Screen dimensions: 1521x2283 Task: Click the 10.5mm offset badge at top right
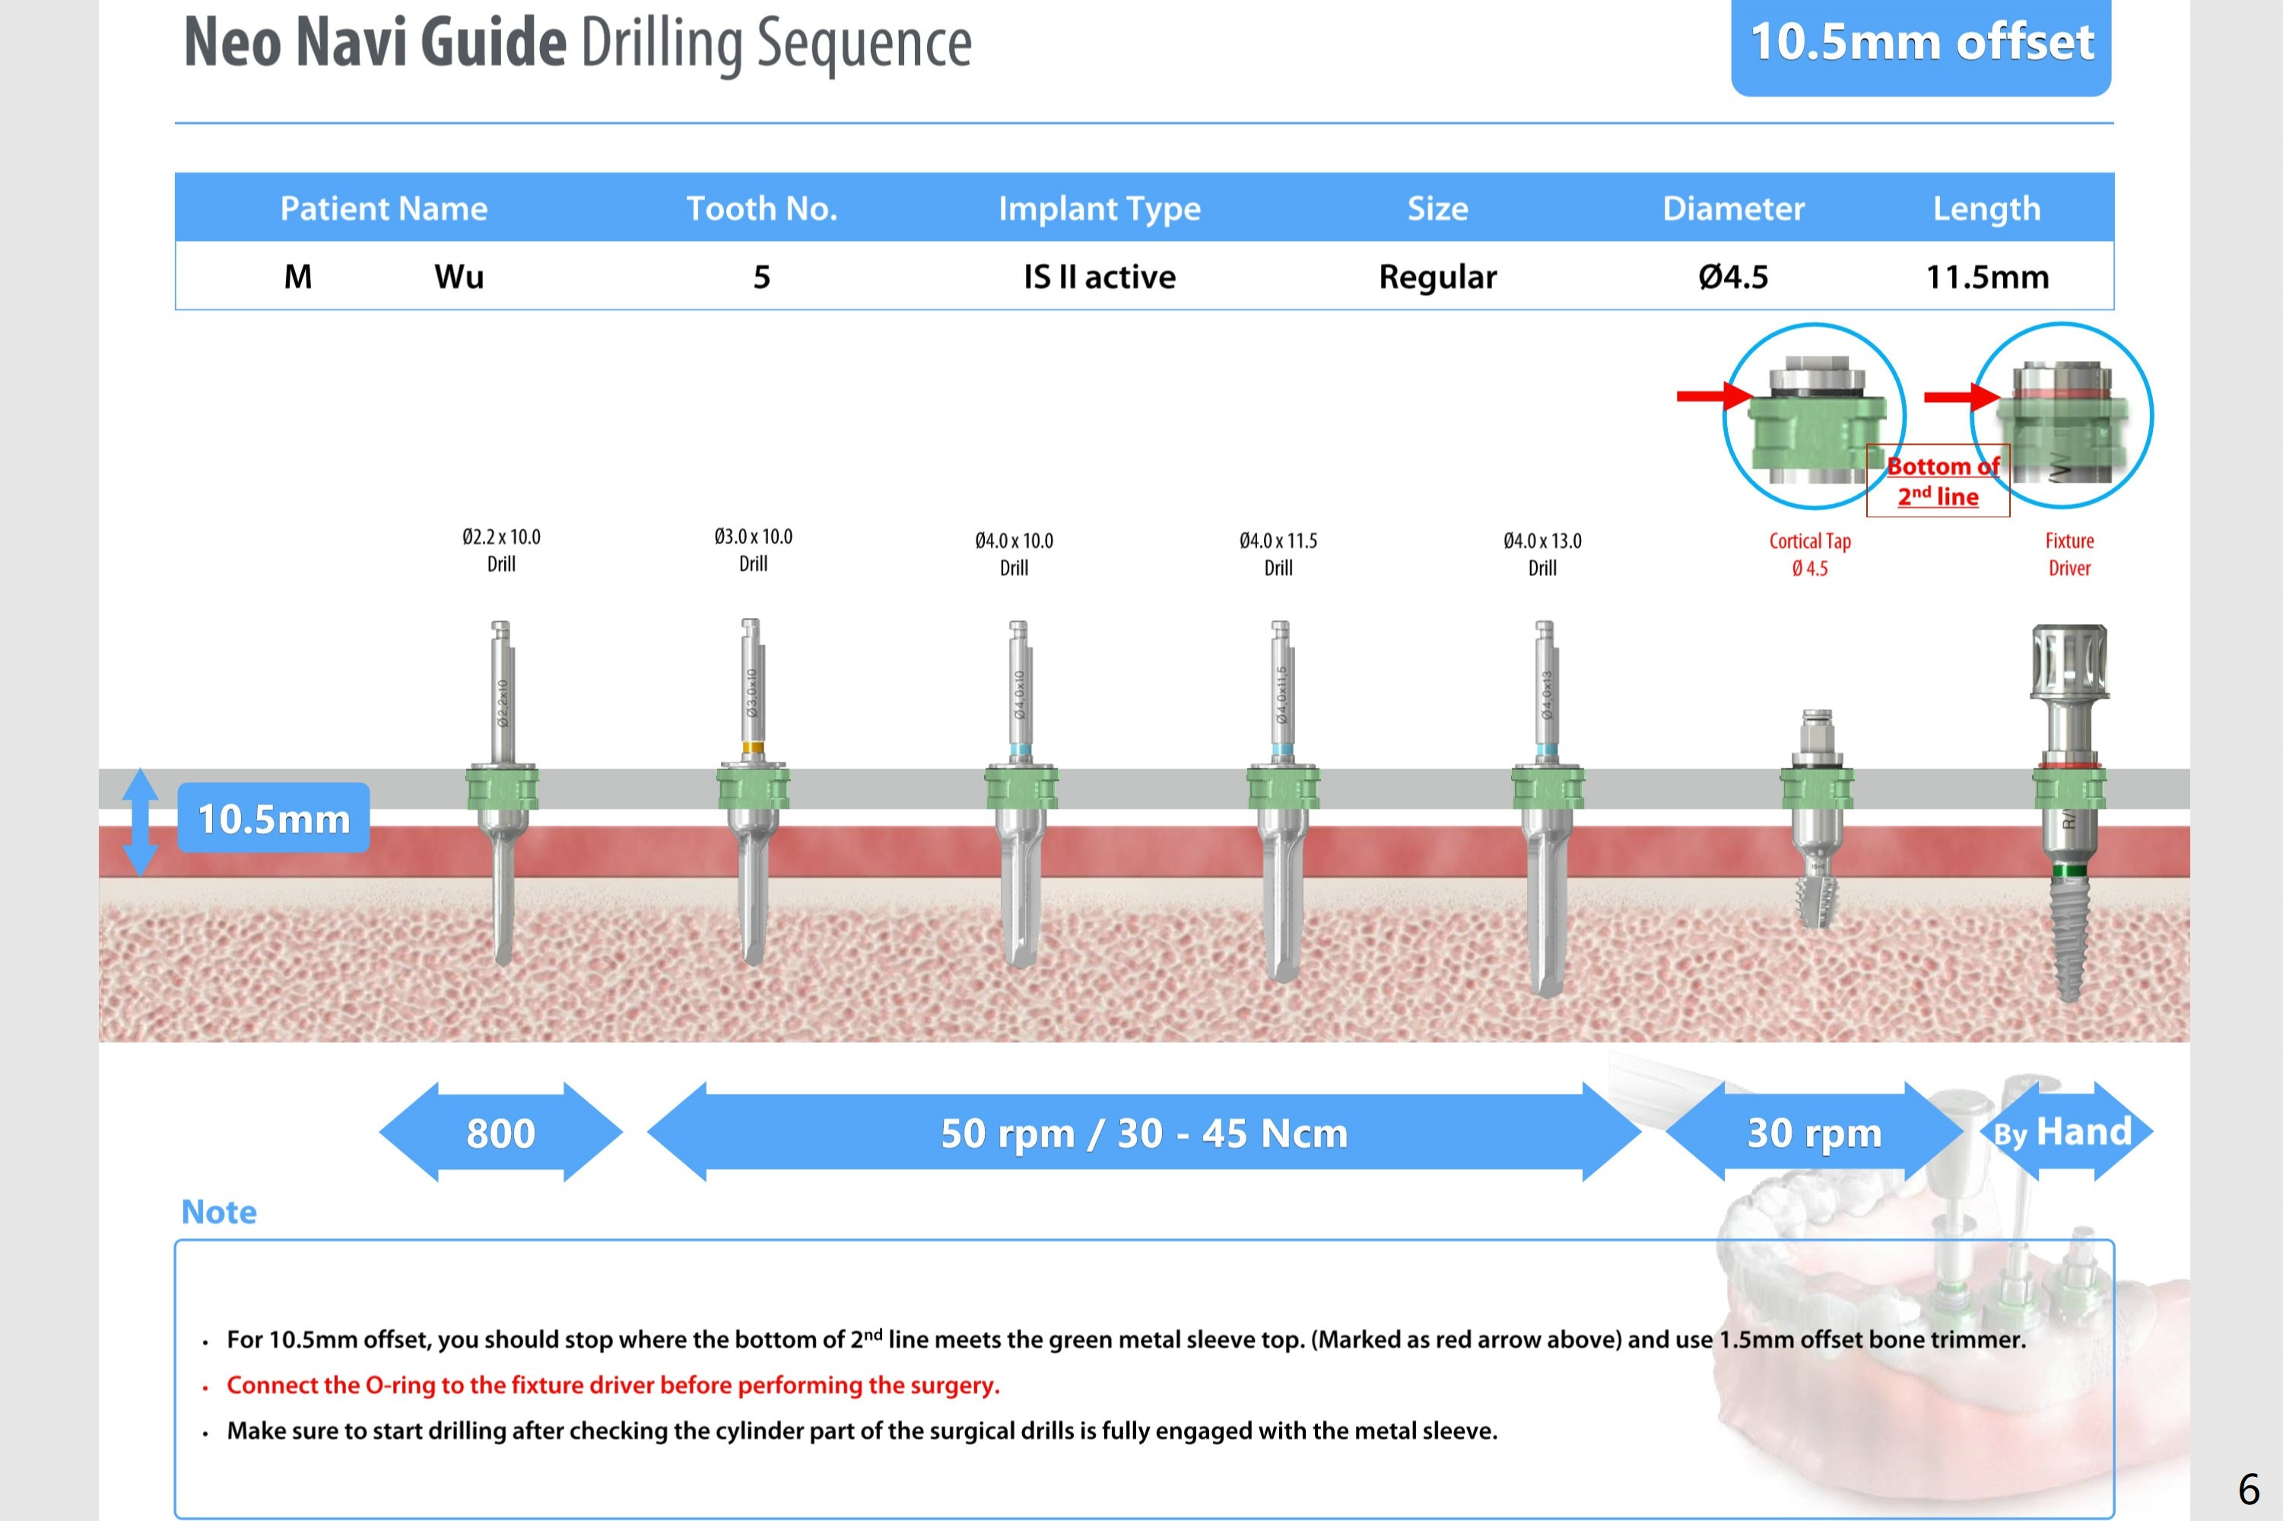(x=1920, y=43)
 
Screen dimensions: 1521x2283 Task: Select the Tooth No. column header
(x=762, y=208)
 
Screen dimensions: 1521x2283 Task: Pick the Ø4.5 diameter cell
(x=1733, y=277)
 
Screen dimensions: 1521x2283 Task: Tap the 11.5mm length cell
(x=1986, y=277)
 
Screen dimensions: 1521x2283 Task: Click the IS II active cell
(x=1100, y=277)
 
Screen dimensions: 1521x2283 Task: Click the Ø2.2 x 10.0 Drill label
(x=500, y=550)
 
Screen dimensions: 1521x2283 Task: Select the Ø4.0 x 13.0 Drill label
(x=1542, y=554)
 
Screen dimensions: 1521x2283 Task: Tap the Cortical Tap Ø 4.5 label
(x=1809, y=554)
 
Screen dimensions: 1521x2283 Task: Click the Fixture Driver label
(x=2069, y=554)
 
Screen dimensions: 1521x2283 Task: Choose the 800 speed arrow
(x=500, y=1132)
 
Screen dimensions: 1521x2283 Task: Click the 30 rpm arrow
(x=1815, y=1132)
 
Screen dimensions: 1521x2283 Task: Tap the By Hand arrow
(x=2065, y=1132)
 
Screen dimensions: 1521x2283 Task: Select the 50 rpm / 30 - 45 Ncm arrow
(x=1144, y=1132)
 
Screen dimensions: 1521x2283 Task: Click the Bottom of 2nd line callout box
(x=1938, y=481)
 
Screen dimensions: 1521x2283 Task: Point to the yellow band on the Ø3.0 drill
(x=752, y=748)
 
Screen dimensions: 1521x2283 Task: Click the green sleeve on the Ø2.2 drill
(x=502, y=787)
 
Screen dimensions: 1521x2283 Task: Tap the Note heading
(x=219, y=1212)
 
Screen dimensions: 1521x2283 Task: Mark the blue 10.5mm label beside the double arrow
(x=274, y=819)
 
